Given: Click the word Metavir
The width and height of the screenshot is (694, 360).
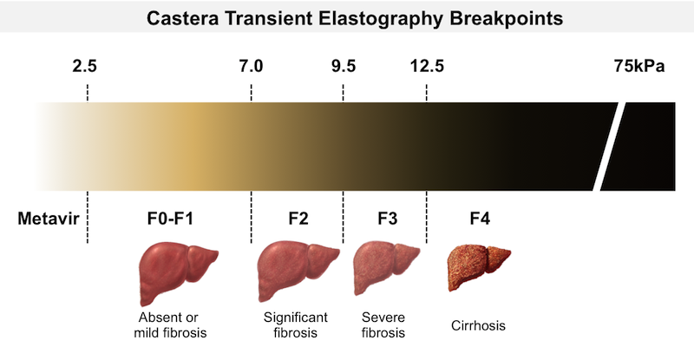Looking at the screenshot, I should click(x=49, y=219).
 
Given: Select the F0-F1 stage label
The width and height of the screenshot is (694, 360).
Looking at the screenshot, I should click(x=168, y=219).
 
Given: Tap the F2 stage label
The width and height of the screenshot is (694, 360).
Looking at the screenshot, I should click(x=297, y=219).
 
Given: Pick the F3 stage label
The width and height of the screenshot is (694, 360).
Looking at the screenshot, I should click(x=387, y=219).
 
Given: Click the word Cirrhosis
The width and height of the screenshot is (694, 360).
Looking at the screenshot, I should click(x=479, y=326).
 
